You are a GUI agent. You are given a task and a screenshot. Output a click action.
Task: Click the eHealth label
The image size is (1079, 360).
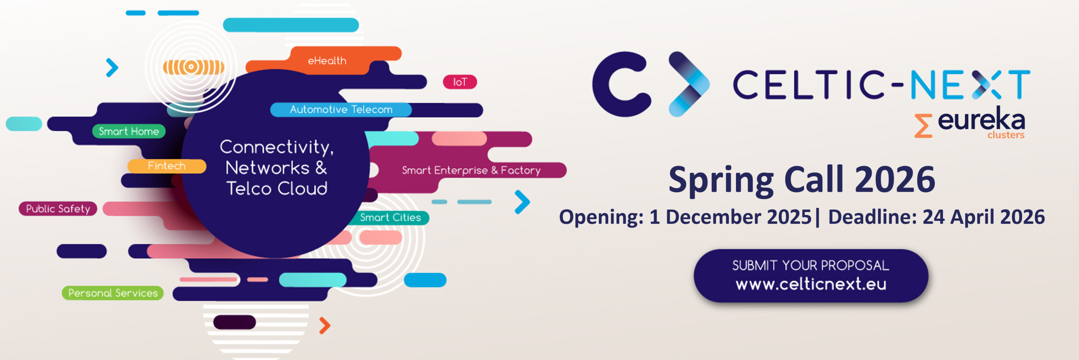pos(327,61)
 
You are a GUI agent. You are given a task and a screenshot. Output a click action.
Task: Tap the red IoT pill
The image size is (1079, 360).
pos(460,82)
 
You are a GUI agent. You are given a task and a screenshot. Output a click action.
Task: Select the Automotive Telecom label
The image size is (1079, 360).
pos(341,110)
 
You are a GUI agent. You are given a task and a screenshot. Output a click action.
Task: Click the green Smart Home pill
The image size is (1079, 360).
pos(129,131)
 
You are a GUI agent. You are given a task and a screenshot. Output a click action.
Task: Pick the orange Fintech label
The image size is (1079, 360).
pos(167,166)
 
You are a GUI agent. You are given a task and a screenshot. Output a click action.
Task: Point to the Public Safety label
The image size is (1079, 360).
pos(58,209)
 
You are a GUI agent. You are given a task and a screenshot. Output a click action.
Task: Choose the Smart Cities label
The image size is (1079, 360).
pos(390,218)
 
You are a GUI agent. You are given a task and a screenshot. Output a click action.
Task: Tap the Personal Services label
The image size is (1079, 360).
pos(113,293)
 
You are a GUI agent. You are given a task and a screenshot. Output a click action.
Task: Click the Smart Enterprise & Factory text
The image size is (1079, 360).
pos(471,170)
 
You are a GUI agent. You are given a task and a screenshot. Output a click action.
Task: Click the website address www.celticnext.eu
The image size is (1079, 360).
pos(811,284)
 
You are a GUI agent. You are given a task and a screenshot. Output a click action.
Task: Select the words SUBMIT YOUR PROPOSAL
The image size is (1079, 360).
pos(811,265)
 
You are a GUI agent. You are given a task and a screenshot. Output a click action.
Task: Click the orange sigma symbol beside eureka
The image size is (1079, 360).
pos(923,126)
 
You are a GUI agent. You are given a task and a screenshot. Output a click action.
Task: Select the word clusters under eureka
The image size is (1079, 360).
pos(1006,135)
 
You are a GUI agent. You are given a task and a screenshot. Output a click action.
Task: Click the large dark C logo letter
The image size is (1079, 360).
pos(621,84)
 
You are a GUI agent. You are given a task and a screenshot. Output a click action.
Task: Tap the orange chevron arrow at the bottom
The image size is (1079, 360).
pos(325,325)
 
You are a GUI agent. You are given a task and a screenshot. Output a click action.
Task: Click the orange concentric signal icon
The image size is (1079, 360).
pos(193,67)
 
